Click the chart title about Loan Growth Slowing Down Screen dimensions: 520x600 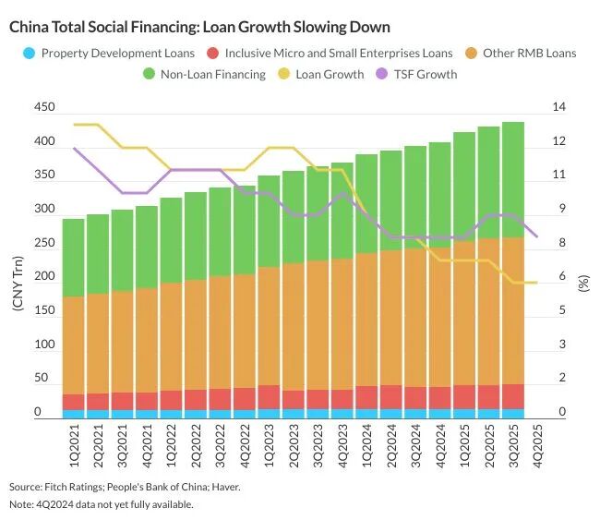pyautogui.click(x=199, y=27)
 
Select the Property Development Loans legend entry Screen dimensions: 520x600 pyautogui.click(x=110, y=53)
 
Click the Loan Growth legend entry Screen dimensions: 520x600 pyautogui.click(x=320, y=74)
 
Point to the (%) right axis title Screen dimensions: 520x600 pyautogui.click(x=583, y=283)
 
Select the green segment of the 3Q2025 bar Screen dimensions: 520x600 pyautogui.click(x=513, y=180)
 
